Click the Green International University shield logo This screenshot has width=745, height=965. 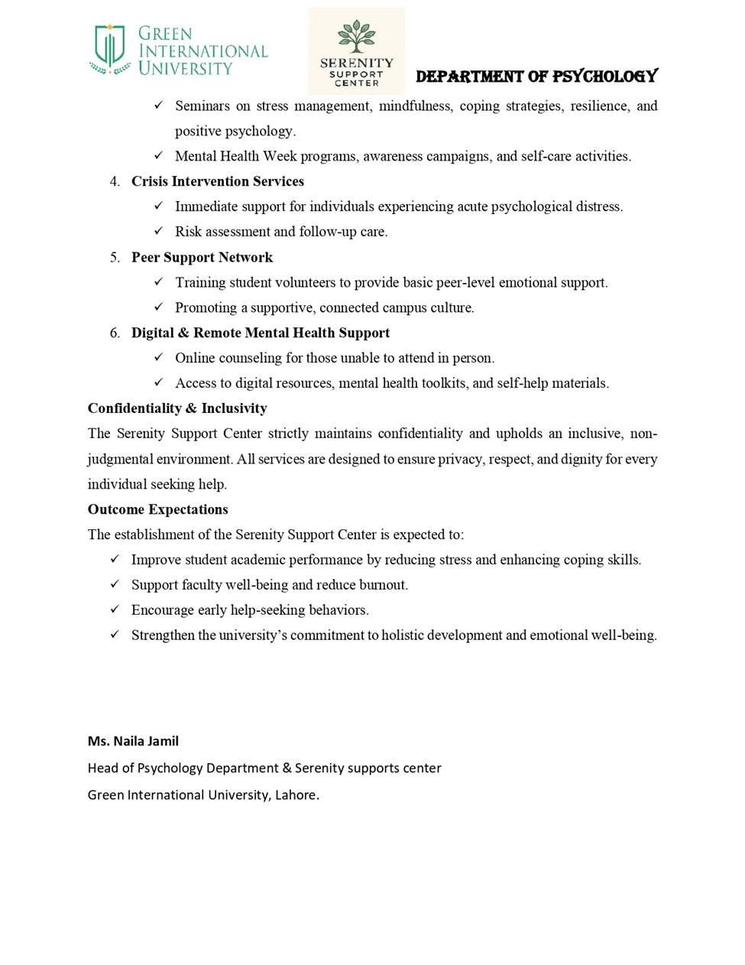(x=110, y=49)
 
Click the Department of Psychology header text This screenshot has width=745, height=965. (x=536, y=76)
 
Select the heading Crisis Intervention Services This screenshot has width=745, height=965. (x=218, y=181)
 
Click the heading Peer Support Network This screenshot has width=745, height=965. (x=202, y=257)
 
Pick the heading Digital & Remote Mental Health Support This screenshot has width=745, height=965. (x=261, y=333)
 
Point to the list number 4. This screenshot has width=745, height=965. (x=115, y=181)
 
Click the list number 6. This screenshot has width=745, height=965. (x=115, y=333)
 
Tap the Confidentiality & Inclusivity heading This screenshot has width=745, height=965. (x=177, y=408)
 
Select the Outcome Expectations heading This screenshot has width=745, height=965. (x=158, y=509)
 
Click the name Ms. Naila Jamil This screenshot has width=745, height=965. (x=133, y=741)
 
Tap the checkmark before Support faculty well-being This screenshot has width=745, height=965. (x=115, y=584)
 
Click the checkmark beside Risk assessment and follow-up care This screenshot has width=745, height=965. (x=158, y=231)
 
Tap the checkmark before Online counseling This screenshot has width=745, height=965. (x=158, y=357)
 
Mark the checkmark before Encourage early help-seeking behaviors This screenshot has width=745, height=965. (x=115, y=609)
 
